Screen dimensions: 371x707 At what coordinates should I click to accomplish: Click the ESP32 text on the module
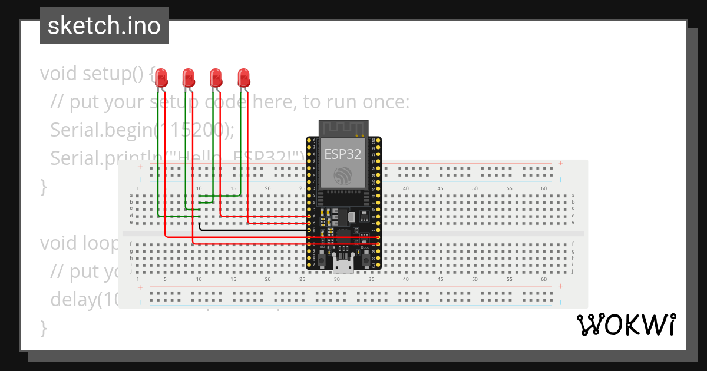343,154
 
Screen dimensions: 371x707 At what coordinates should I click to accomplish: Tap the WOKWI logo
626,324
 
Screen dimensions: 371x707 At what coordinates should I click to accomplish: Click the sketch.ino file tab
104,26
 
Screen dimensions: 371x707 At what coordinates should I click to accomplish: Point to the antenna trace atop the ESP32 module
343,128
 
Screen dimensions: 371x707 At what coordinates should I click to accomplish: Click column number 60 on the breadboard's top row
543,188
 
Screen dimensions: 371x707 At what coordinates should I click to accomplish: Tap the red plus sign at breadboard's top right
560,163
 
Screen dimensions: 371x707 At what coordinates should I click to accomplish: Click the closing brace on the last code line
43,327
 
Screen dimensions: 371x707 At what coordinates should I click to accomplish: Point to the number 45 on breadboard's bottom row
440,279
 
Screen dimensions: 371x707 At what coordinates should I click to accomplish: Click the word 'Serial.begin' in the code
100,130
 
